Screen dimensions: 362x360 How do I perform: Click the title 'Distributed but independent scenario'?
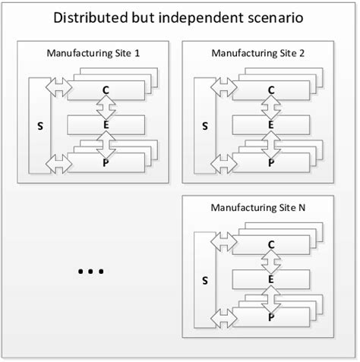(179, 16)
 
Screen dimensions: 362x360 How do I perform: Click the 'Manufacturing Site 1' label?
(96, 53)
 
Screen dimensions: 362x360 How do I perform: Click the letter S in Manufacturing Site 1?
(39, 125)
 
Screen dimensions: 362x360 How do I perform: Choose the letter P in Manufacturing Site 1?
(106, 162)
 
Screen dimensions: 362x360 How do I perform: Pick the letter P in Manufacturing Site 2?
(271, 162)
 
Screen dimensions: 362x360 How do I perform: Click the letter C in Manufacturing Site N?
(271, 244)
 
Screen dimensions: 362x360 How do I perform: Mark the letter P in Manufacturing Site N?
(271, 316)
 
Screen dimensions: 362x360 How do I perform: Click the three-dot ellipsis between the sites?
(90, 272)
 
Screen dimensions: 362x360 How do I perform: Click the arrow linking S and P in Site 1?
(58, 161)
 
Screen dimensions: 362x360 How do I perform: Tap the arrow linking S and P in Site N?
(223, 316)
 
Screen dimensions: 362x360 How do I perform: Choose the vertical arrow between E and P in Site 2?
(271, 143)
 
